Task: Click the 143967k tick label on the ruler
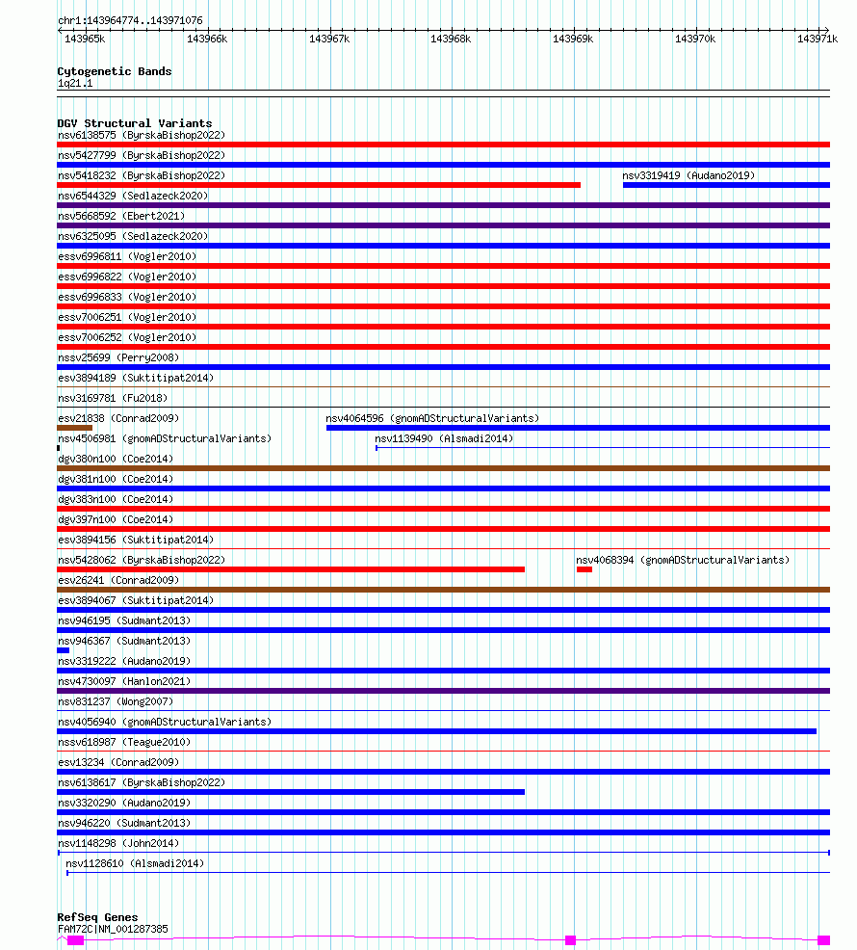pyautogui.click(x=328, y=39)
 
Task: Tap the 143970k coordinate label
pyautogui.click(x=694, y=39)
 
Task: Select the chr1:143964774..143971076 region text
pyautogui.click(x=130, y=20)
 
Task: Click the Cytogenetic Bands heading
pyautogui.click(x=114, y=71)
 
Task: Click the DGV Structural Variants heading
pyautogui.click(x=134, y=123)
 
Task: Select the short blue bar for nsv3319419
pyautogui.click(x=726, y=185)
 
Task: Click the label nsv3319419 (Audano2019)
pyautogui.click(x=688, y=175)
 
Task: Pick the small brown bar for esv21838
pyautogui.click(x=75, y=428)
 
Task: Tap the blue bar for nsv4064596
pyautogui.click(x=578, y=428)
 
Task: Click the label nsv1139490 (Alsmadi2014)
pyautogui.click(x=444, y=438)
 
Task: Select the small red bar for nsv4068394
pyautogui.click(x=584, y=569)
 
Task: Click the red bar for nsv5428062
pyautogui.click(x=291, y=569)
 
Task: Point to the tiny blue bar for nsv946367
pyautogui.click(x=64, y=650)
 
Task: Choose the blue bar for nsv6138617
pyautogui.click(x=291, y=792)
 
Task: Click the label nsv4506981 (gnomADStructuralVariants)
pyautogui.click(x=165, y=438)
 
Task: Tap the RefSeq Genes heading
pyautogui.click(x=97, y=917)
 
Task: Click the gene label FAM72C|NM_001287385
pyautogui.click(x=113, y=929)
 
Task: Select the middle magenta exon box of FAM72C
pyautogui.click(x=570, y=939)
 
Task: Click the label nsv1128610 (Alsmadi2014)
pyautogui.click(x=135, y=863)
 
